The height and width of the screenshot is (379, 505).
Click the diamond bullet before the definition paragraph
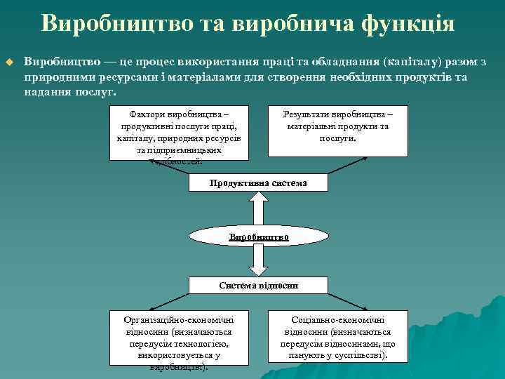click(x=9, y=63)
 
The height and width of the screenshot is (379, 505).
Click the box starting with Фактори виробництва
click(x=180, y=133)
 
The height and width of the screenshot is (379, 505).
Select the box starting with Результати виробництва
click(x=338, y=129)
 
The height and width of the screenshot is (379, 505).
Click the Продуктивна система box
click(x=259, y=183)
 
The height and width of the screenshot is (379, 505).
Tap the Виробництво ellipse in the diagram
click(x=259, y=237)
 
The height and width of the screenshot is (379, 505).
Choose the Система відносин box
click(x=259, y=286)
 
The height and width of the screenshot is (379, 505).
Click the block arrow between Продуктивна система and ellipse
click(x=259, y=209)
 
